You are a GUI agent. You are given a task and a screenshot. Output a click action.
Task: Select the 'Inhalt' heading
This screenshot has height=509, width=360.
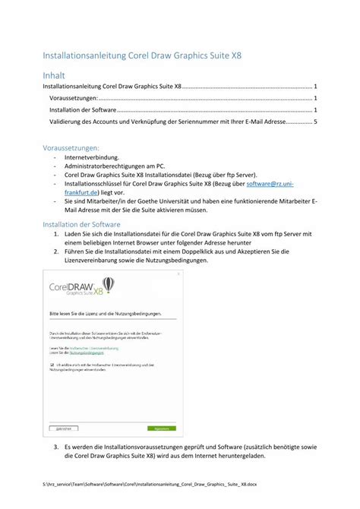tap(53, 76)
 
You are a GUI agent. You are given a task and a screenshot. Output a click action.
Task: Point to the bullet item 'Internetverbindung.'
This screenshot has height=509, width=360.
tap(93, 157)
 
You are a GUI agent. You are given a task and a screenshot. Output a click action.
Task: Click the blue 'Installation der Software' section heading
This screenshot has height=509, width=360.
tap(82, 225)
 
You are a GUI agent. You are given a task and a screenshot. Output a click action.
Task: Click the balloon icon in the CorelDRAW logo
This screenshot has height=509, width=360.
tap(108, 285)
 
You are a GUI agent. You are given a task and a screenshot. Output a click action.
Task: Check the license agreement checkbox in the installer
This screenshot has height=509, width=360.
tap(52, 364)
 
